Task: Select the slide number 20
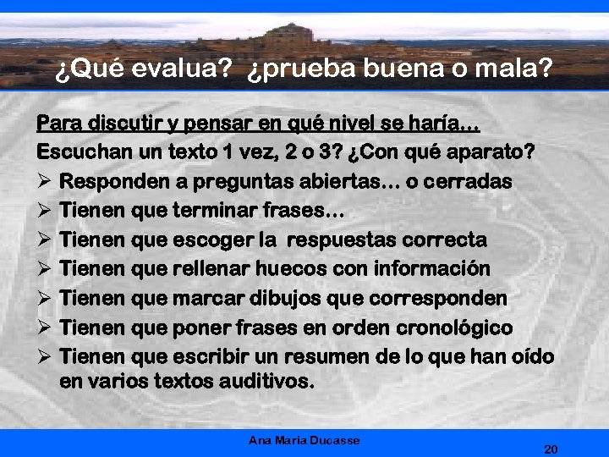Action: tap(551, 449)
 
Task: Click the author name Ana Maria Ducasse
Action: tap(304, 440)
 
